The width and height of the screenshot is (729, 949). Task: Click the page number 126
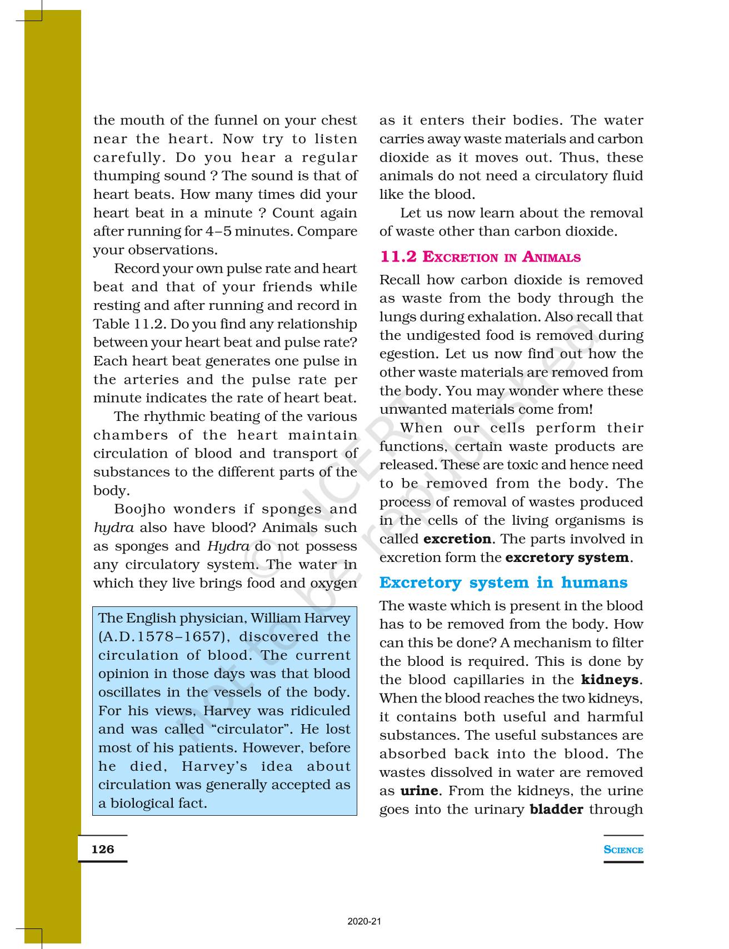tap(103, 849)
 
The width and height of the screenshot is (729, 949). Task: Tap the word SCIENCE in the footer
tap(623, 850)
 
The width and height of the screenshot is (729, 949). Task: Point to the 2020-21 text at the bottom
tap(364, 921)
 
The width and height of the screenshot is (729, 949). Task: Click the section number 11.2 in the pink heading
tap(398, 257)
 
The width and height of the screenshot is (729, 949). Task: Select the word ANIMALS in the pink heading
tap(551, 257)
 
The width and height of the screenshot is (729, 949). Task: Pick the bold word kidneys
tap(610, 680)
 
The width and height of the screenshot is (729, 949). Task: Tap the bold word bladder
tap(556, 809)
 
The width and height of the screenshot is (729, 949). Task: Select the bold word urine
tap(418, 791)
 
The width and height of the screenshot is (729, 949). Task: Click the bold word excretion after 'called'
tap(457, 539)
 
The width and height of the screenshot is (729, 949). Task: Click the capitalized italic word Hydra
tap(228, 546)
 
